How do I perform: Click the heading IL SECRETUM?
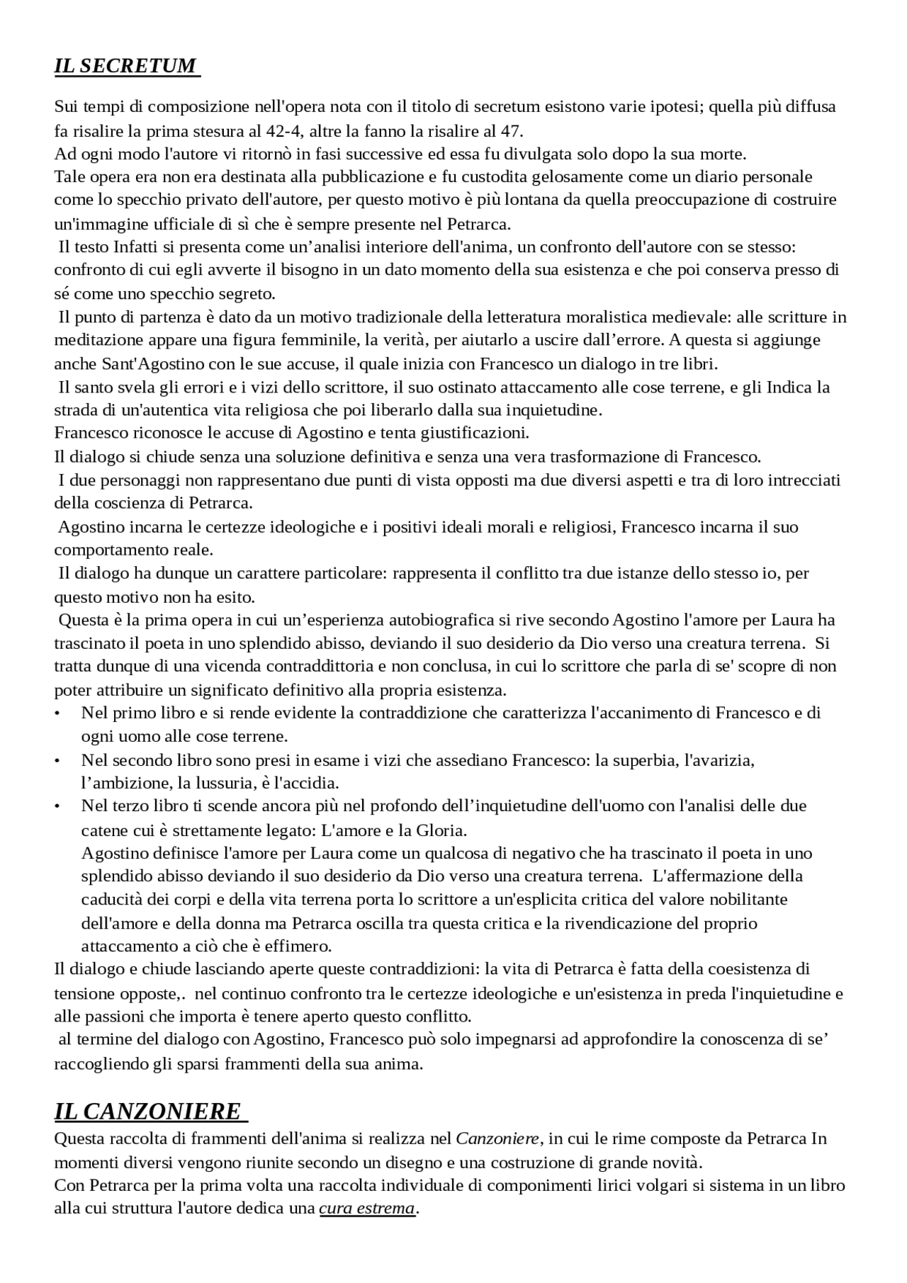pyautogui.click(x=125, y=66)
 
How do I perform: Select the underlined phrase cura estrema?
pyautogui.click(x=366, y=1208)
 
